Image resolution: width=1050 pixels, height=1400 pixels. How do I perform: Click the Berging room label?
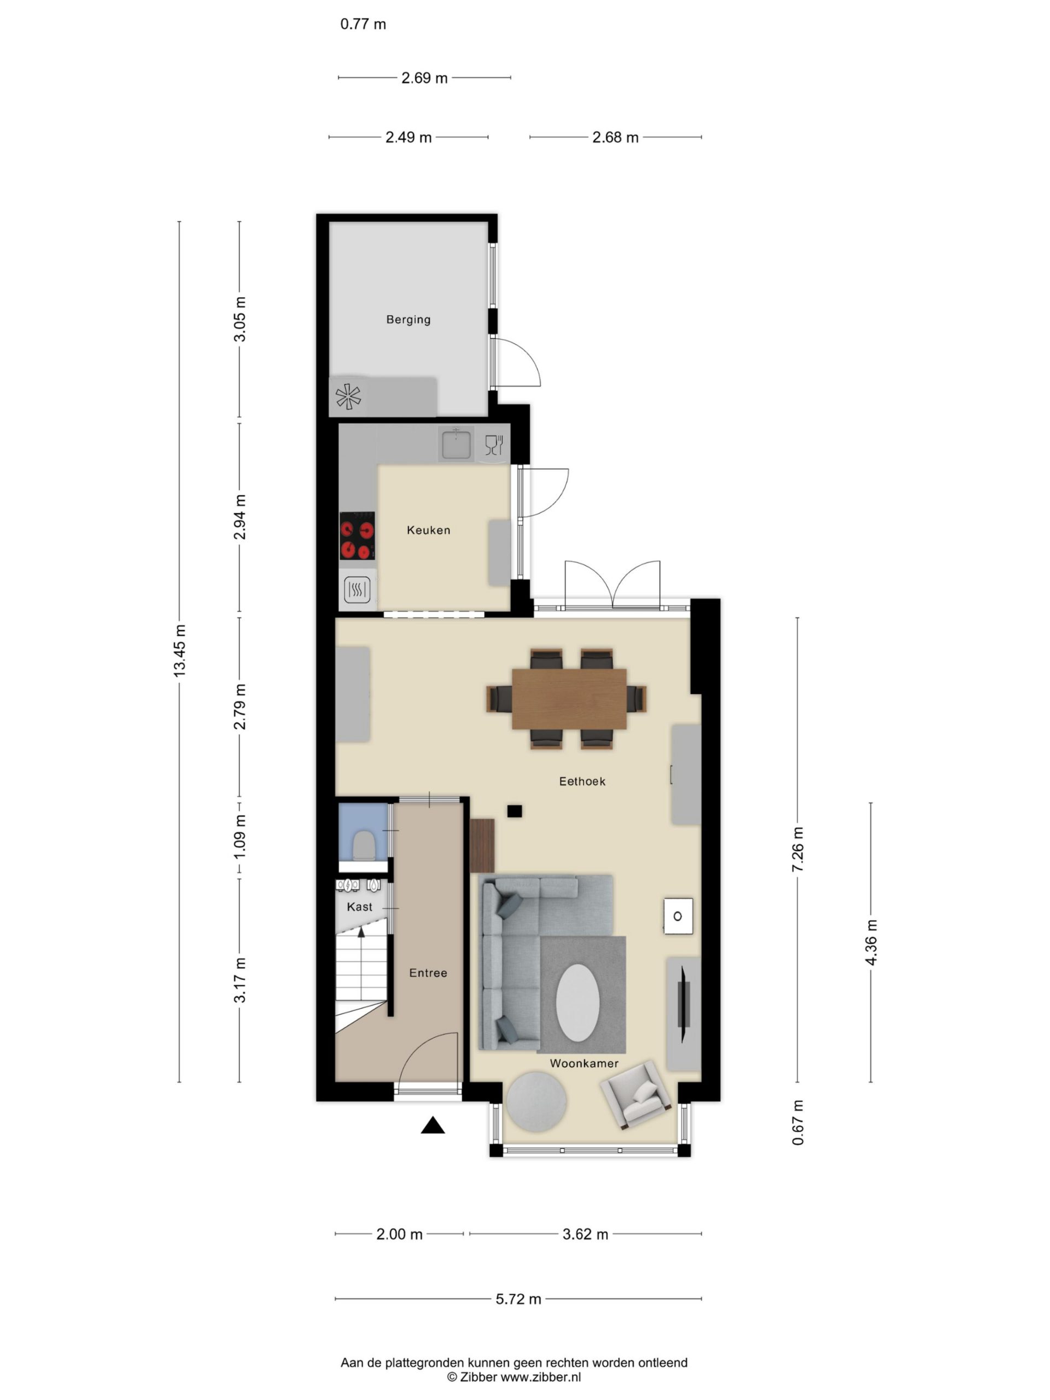coord(408,319)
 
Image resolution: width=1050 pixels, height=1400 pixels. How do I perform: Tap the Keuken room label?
coord(429,530)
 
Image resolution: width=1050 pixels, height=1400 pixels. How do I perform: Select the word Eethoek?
coord(582,781)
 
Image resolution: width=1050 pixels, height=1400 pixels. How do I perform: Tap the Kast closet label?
coord(359,907)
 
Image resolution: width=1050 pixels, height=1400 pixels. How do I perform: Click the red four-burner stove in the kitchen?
coord(357,536)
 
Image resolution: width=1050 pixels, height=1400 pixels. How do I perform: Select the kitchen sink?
coord(456,443)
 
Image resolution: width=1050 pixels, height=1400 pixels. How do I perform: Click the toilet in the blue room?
coord(363,845)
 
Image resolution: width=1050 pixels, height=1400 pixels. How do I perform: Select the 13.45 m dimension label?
coord(180,651)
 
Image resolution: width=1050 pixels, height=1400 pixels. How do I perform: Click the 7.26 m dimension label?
coord(797,849)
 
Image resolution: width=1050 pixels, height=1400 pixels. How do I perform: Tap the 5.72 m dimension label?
coord(518,1299)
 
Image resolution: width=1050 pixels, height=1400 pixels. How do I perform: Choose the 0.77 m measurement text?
coord(363,24)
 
